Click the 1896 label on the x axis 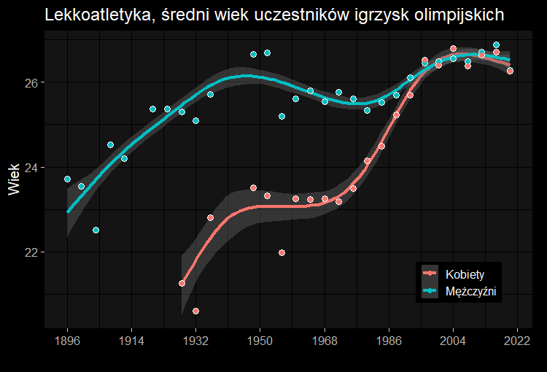click(x=67, y=340)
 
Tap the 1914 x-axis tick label click(x=131, y=340)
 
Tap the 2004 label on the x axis click(x=453, y=340)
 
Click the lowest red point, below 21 click(x=195, y=311)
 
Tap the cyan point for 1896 click(x=67, y=179)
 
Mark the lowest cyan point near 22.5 click(x=96, y=230)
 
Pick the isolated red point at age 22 click(x=282, y=252)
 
